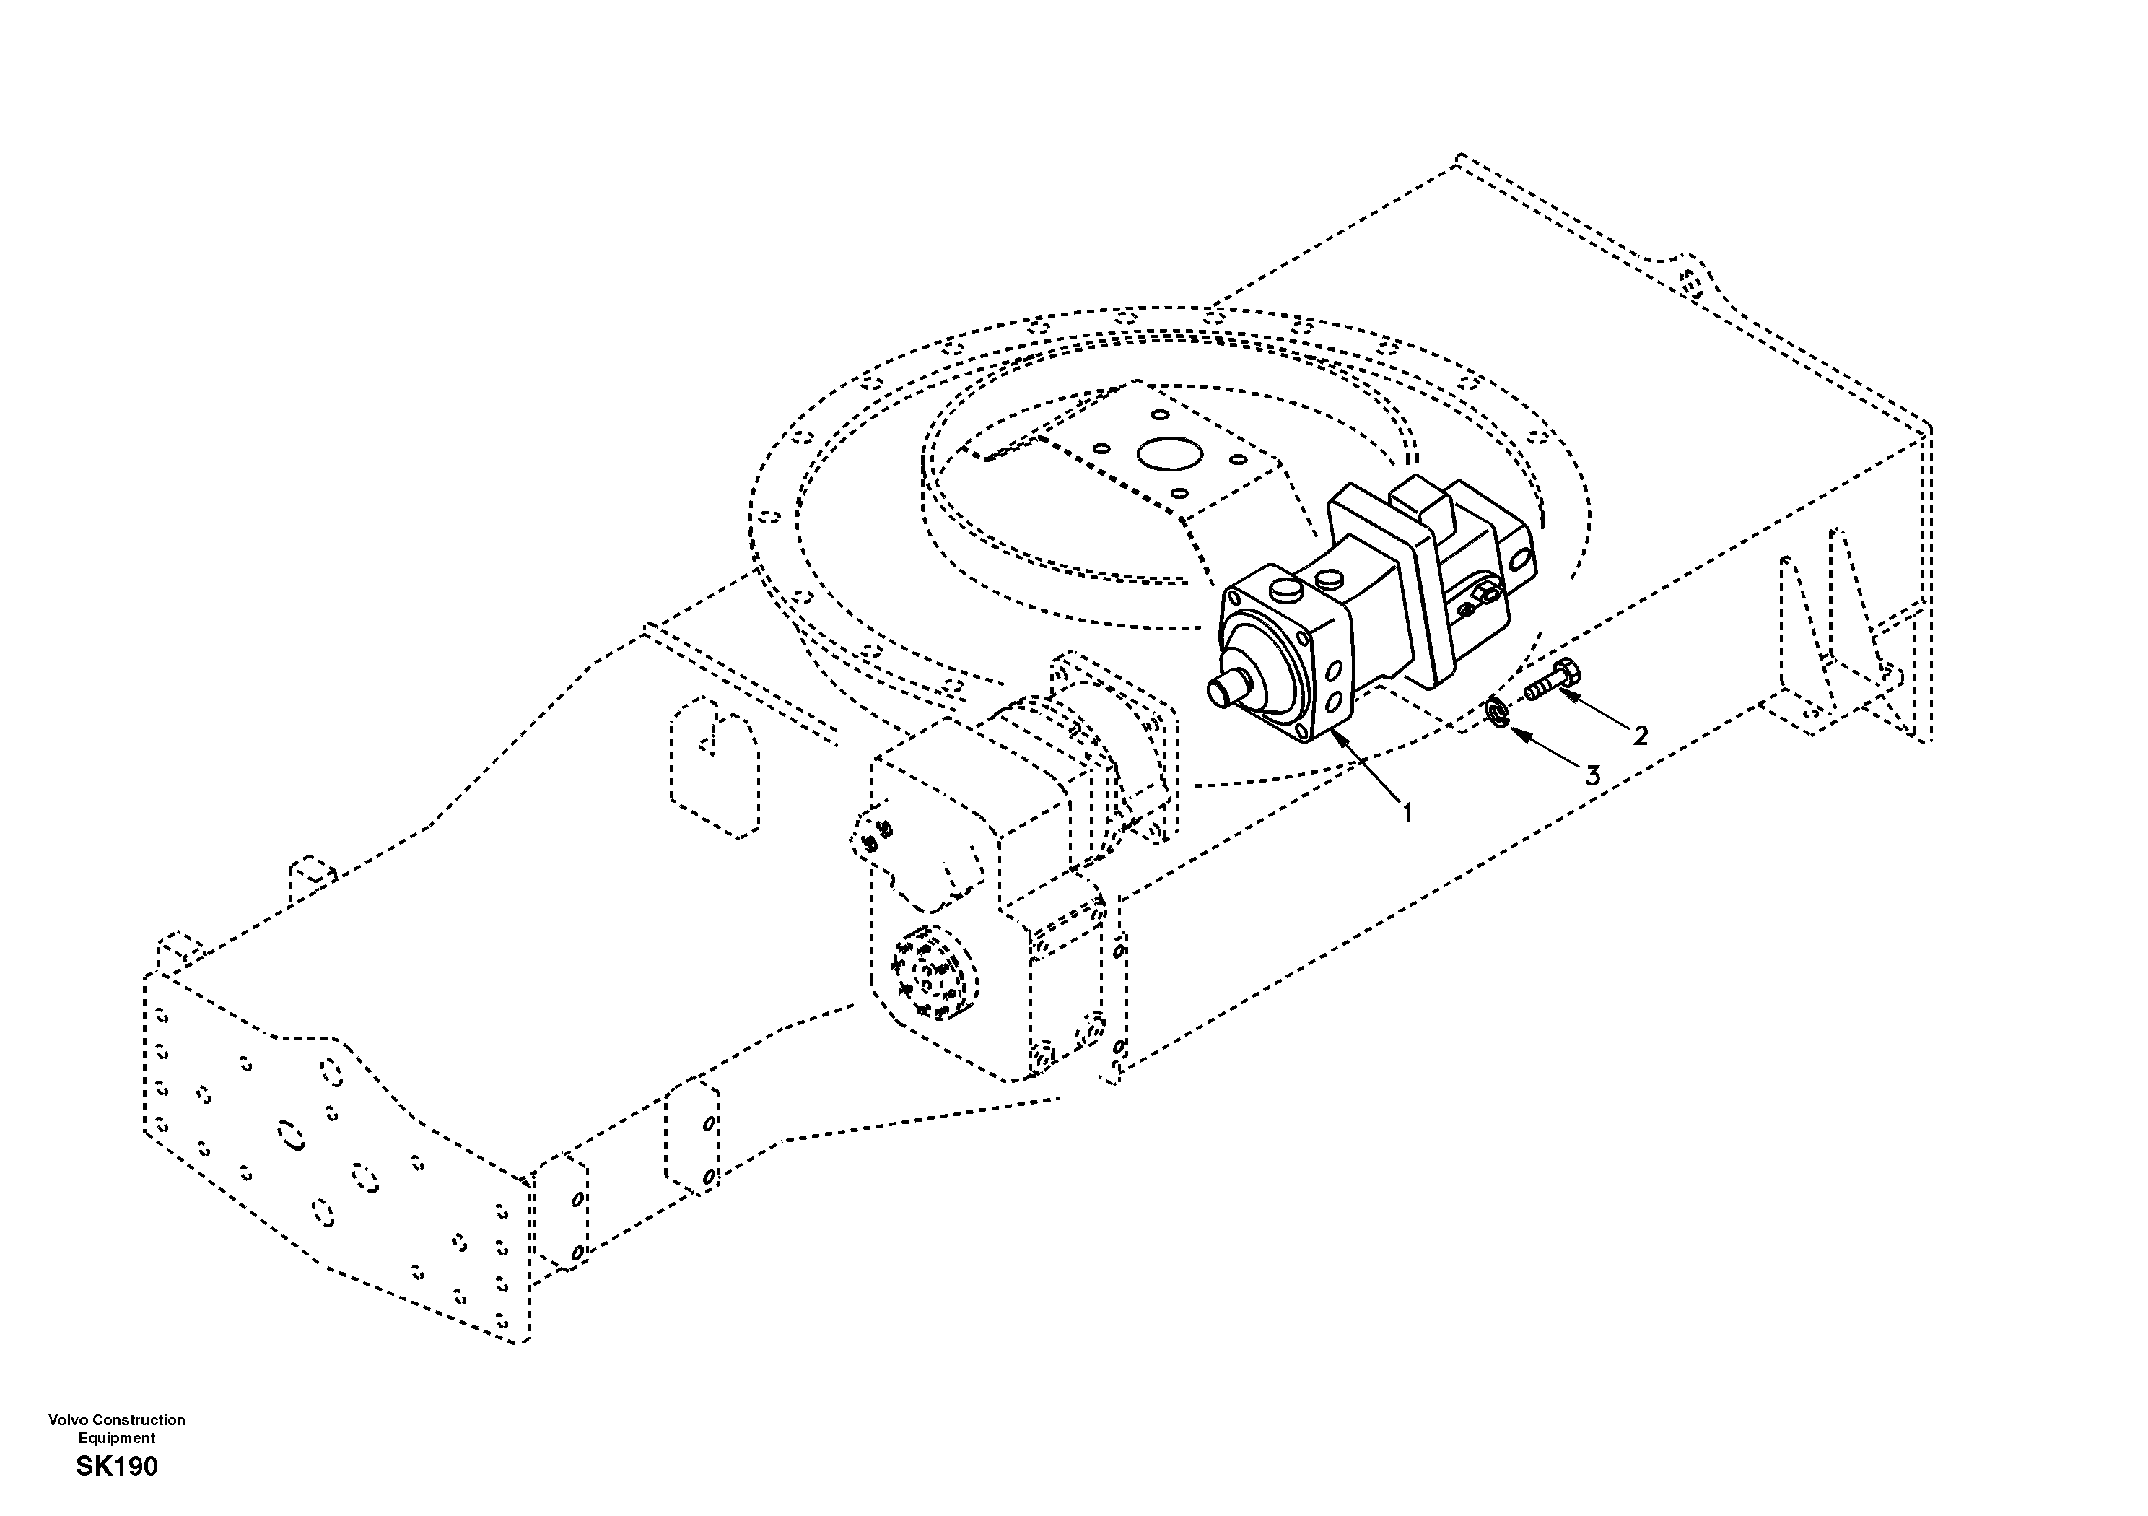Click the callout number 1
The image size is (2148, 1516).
(1406, 812)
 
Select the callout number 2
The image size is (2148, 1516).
(1639, 736)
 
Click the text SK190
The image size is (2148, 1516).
(117, 1465)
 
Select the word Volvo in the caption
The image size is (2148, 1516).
(70, 1419)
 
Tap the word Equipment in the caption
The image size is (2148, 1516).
(117, 1438)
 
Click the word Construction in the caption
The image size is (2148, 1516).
(140, 1419)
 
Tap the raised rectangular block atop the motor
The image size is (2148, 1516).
(1423, 501)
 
